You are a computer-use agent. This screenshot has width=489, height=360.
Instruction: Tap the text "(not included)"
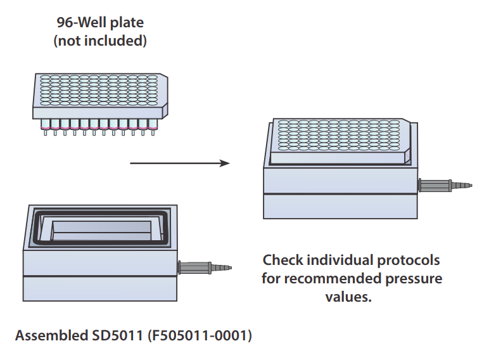tap(100, 42)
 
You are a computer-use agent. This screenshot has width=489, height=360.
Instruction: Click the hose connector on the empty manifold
tap(204, 267)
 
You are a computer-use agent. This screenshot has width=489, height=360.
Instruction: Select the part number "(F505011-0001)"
tap(200, 335)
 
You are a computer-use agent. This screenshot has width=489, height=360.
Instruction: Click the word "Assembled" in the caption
tap(50, 335)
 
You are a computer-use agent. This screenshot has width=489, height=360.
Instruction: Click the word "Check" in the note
tap(284, 260)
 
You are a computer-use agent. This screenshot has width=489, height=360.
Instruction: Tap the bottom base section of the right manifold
tap(340, 207)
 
